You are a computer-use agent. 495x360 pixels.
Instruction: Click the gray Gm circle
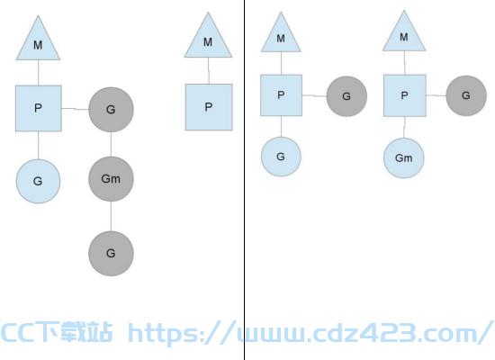111,179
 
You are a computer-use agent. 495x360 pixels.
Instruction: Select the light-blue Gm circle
404,157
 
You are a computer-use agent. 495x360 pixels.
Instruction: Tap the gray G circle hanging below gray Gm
111,253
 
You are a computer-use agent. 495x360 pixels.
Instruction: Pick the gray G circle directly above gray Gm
111,110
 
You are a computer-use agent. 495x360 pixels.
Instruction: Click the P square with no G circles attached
209,107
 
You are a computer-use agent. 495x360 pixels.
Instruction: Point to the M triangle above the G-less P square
208,38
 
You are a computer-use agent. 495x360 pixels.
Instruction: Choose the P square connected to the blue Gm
404,95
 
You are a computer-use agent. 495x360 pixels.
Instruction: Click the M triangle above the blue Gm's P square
404,33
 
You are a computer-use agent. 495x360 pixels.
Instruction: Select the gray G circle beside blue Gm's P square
466,95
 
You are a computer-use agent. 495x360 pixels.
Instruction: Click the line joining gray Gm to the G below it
111,216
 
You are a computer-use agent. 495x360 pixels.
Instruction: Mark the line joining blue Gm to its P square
404,127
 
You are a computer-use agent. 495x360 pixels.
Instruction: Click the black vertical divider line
244,180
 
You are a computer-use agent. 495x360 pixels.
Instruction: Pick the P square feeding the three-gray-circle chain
38,108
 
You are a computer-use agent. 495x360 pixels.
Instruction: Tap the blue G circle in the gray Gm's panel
38,181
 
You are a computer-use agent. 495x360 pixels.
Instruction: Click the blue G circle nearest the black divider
281,157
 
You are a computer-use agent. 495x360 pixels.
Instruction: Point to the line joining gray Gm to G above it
111,144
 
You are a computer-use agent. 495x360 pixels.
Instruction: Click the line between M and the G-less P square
209,71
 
